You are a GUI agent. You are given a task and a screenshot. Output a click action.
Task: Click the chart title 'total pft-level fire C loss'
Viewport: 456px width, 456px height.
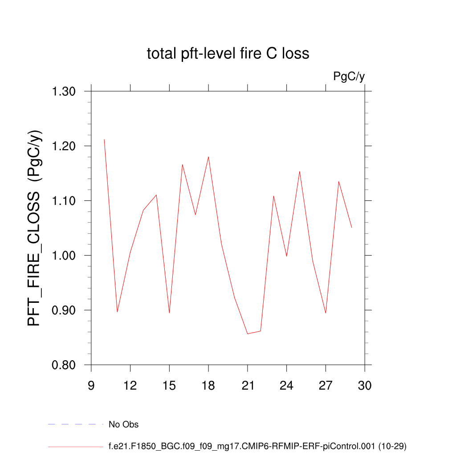pyautogui.click(x=228, y=53)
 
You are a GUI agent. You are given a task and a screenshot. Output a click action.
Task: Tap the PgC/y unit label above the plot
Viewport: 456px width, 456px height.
pyautogui.click(x=349, y=77)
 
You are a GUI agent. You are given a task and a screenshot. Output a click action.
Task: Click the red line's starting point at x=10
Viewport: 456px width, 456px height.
pyautogui.click(x=104, y=139)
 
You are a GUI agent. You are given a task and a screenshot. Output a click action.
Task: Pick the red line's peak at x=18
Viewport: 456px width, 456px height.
pyautogui.click(x=208, y=157)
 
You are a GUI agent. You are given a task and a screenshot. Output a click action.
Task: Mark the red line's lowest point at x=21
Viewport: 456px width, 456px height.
pyautogui.click(x=248, y=334)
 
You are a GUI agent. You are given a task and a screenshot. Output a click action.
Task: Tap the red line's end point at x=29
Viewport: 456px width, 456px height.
pyautogui.click(x=352, y=228)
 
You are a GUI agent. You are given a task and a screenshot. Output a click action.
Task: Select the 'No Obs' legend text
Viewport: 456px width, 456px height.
pyautogui.click(x=123, y=424)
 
